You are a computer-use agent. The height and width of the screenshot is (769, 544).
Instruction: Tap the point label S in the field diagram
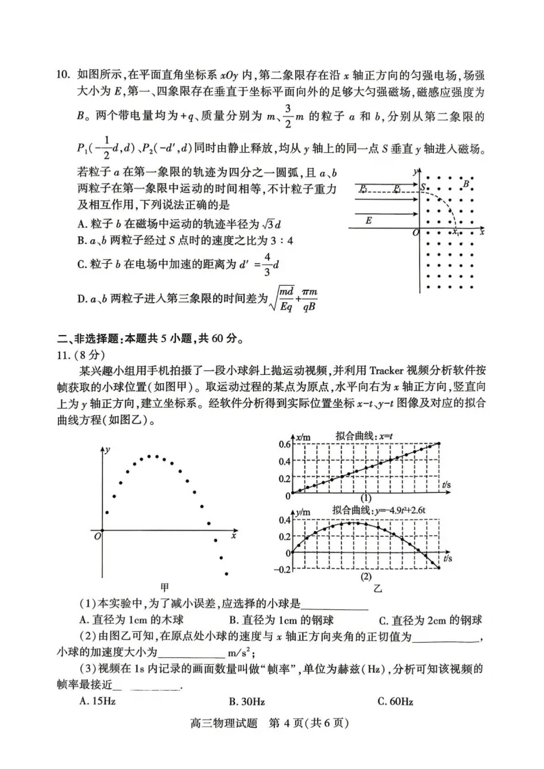[423, 186]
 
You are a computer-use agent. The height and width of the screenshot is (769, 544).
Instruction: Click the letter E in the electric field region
[368, 221]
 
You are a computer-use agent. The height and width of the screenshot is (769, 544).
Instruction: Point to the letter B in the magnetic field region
[466, 183]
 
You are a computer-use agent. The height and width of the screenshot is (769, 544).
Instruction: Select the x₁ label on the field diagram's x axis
[456, 233]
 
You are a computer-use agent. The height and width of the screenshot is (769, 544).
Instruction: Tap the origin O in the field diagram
[415, 234]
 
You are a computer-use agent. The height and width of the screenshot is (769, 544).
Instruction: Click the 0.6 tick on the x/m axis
[284, 444]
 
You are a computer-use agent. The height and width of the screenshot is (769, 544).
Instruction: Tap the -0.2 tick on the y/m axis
[282, 569]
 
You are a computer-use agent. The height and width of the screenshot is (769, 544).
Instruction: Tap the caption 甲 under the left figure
[164, 587]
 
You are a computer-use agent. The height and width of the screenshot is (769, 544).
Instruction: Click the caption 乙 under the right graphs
[376, 588]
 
